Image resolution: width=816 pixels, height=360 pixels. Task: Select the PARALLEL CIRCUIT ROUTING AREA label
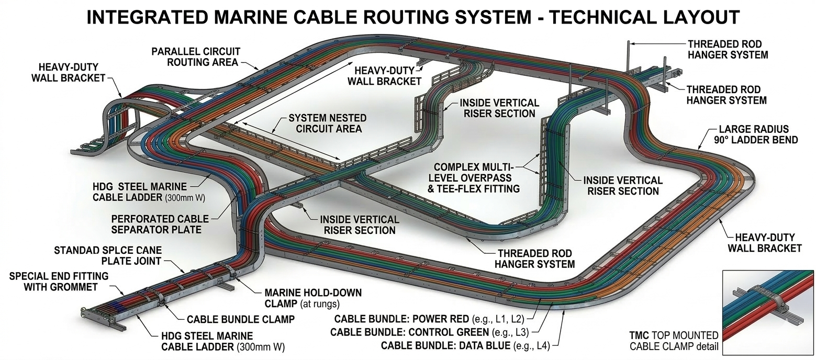[x=195, y=57]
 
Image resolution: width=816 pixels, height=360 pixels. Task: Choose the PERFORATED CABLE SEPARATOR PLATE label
[x=160, y=224]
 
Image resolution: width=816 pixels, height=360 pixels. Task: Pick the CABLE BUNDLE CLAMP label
[x=240, y=318]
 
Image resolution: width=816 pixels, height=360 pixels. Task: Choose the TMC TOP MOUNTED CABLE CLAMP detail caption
[x=674, y=341]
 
